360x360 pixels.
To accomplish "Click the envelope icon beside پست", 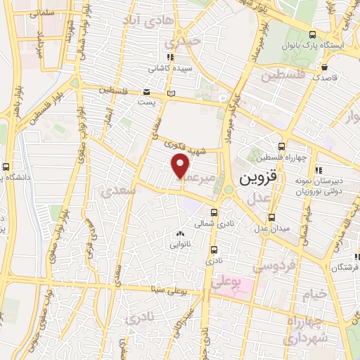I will (146, 91).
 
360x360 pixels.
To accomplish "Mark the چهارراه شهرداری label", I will (306, 330).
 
